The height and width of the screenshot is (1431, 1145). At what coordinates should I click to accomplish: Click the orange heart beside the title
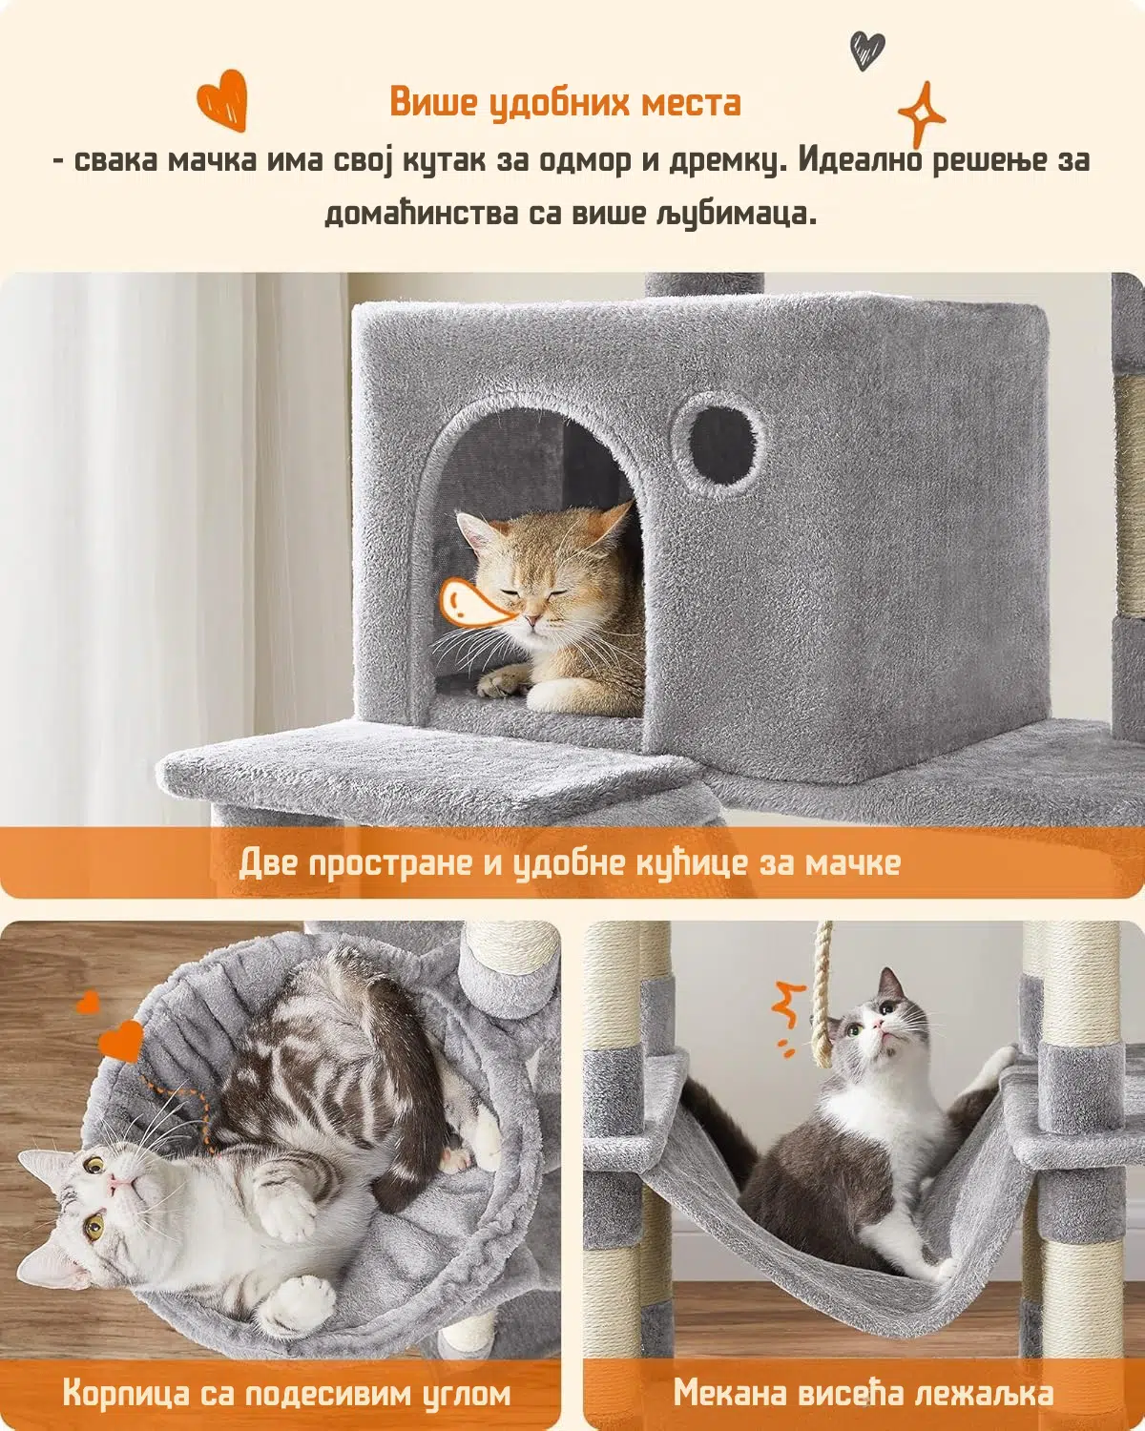[x=223, y=100]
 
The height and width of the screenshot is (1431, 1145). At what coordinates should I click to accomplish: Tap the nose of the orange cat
[x=531, y=621]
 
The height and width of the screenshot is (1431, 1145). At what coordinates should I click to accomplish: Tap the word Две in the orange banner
[x=269, y=863]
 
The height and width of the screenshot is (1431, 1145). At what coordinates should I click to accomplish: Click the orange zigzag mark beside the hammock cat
[x=787, y=1024]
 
